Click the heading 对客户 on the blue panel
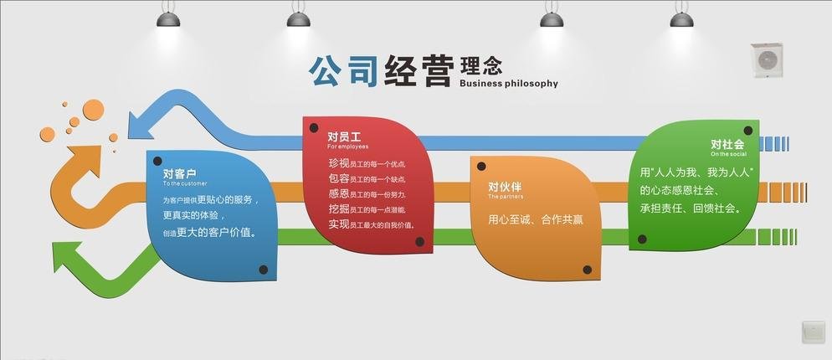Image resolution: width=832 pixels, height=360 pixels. [x=179, y=173]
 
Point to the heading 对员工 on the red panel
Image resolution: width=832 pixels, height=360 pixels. [x=343, y=136]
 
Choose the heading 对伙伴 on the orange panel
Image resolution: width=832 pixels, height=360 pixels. [x=505, y=187]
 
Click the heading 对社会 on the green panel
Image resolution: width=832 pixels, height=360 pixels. [x=727, y=144]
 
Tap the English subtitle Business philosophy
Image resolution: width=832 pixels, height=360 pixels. [x=508, y=84]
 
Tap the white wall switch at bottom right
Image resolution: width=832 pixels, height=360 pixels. [x=813, y=331]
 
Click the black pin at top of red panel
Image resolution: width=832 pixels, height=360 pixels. [x=314, y=128]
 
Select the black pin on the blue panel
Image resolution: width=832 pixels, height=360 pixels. [x=263, y=270]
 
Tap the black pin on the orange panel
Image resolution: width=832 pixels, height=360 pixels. [x=587, y=270]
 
